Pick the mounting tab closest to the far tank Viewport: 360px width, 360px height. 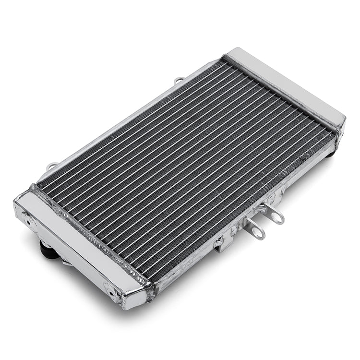coord(276,216)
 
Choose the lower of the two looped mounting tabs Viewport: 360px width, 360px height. coord(256,232)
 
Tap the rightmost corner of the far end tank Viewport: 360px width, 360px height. coord(344,118)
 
